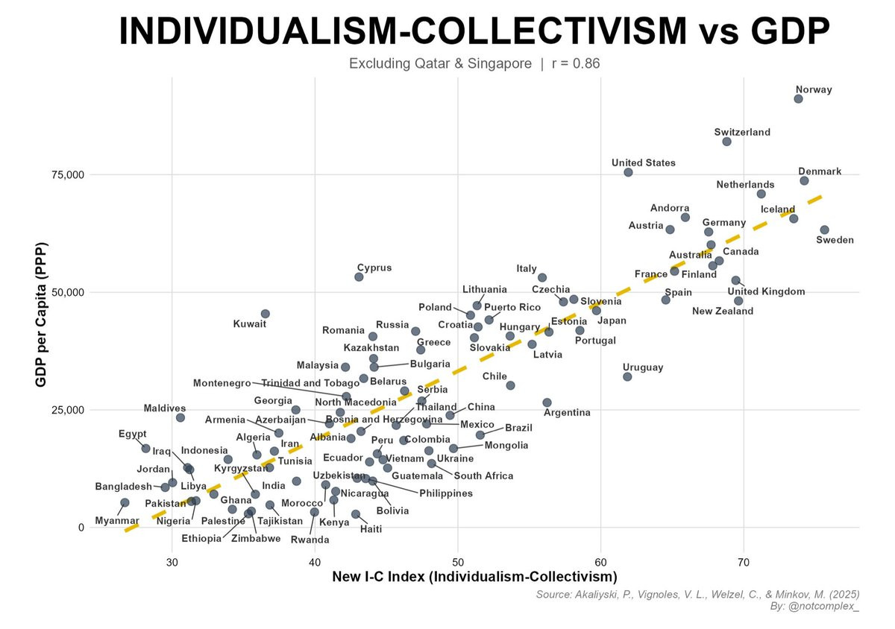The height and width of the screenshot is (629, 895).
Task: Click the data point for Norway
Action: [798, 98]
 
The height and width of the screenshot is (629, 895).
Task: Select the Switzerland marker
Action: [727, 142]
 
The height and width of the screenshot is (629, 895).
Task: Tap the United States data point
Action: [628, 172]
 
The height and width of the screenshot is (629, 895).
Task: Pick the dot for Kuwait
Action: [265, 314]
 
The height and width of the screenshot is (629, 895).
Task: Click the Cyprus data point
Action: [359, 276]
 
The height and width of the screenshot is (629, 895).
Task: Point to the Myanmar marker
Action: [125, 503]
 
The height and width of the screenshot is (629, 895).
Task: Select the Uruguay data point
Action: [627, 376]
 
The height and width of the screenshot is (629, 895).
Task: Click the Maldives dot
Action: [180, 417]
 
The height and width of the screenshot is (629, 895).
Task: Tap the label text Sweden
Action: [835, 240]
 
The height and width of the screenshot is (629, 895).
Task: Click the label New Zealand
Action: [722, 312]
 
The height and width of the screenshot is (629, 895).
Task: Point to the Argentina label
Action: [567, 412]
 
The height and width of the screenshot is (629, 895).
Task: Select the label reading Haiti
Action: [371, 529]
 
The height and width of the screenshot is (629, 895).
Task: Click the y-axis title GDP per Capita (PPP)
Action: [43, 315]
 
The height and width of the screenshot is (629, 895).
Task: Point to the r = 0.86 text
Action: [575, 64]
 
